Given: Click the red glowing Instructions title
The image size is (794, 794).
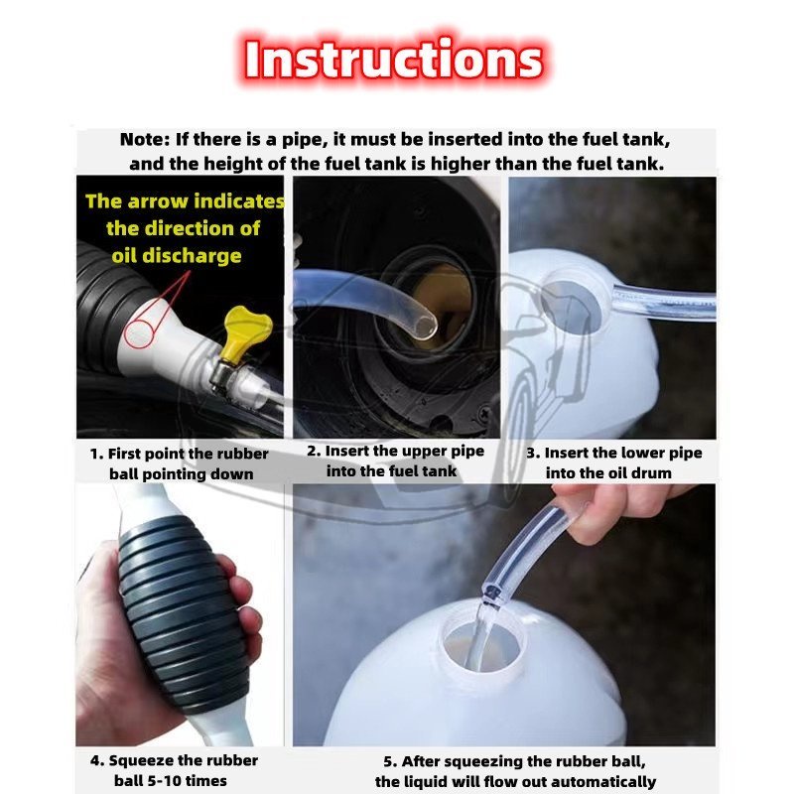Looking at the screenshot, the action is (393, 60).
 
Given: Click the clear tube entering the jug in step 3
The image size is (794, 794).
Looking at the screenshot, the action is (663, 302).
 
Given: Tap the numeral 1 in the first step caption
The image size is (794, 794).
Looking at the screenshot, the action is (94, 455).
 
